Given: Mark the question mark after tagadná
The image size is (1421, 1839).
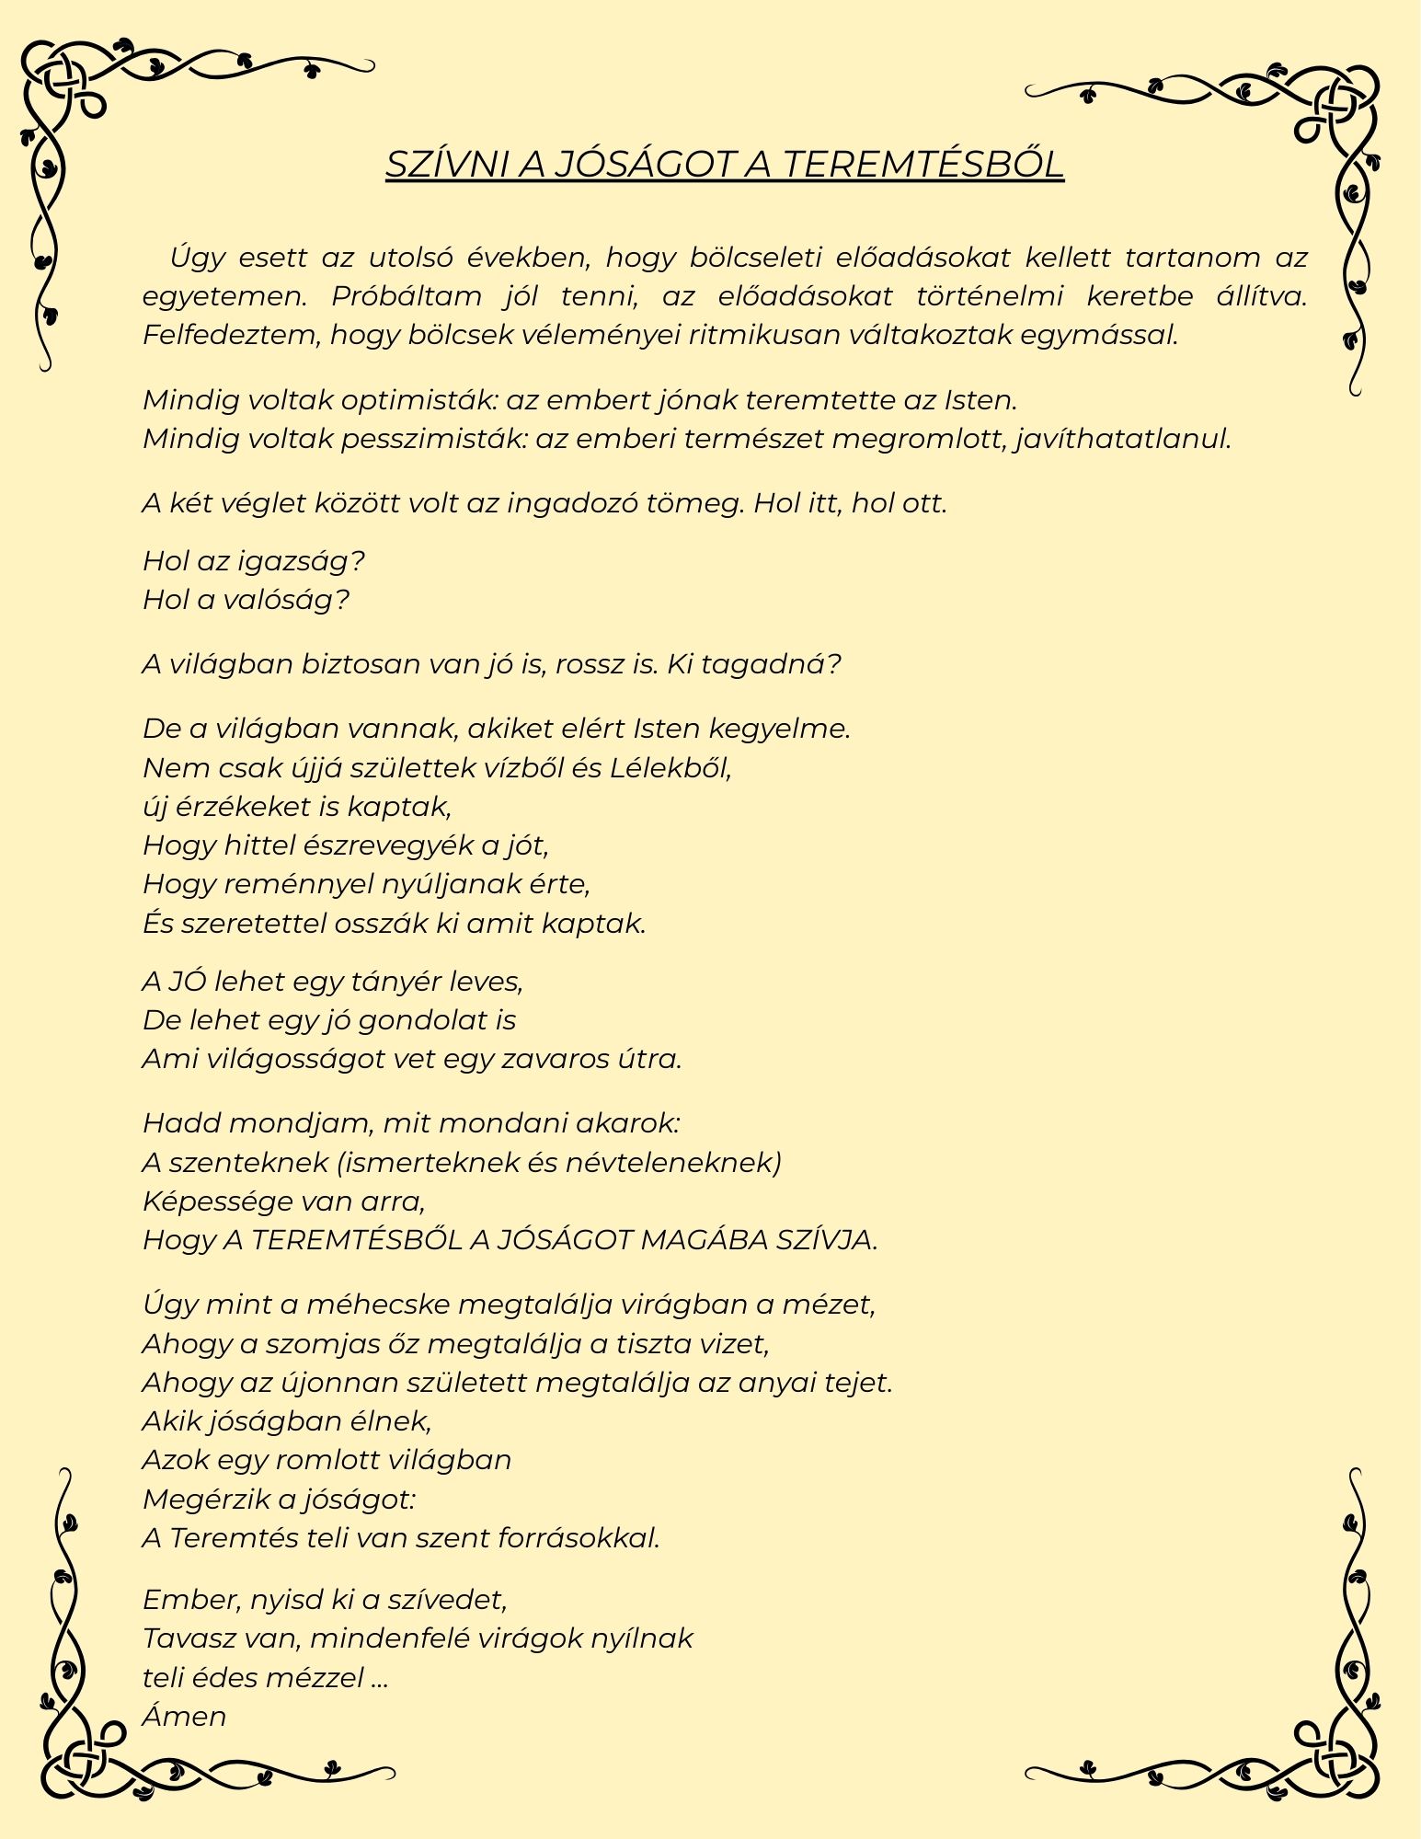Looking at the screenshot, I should tap(833, 664).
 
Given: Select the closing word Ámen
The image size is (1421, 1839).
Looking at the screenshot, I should tap(184, 1717).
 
